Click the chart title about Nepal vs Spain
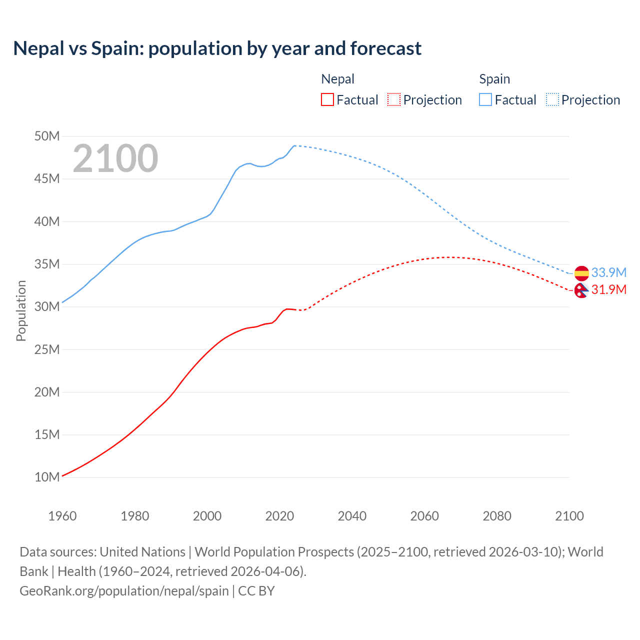(217, 48)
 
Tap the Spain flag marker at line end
(581, 273)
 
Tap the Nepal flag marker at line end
(581, 290)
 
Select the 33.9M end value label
(608, 272)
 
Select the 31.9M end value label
(608, 289)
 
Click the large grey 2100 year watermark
(115, 158)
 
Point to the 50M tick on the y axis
(47, 136)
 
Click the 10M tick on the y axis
(47, 477)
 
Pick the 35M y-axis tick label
(47, 264)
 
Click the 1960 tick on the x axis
(62, 516)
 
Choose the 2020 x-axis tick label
(279, 516)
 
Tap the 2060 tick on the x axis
(424, 516)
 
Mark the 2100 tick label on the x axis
(569, 516)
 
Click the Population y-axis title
(21, 310)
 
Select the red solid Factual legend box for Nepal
(327, 99)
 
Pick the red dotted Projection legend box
(394, 99)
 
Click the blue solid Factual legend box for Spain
(485, 99)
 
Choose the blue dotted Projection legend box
(552, 99)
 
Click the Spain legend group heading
(494, 79)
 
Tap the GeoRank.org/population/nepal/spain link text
(124, 590)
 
